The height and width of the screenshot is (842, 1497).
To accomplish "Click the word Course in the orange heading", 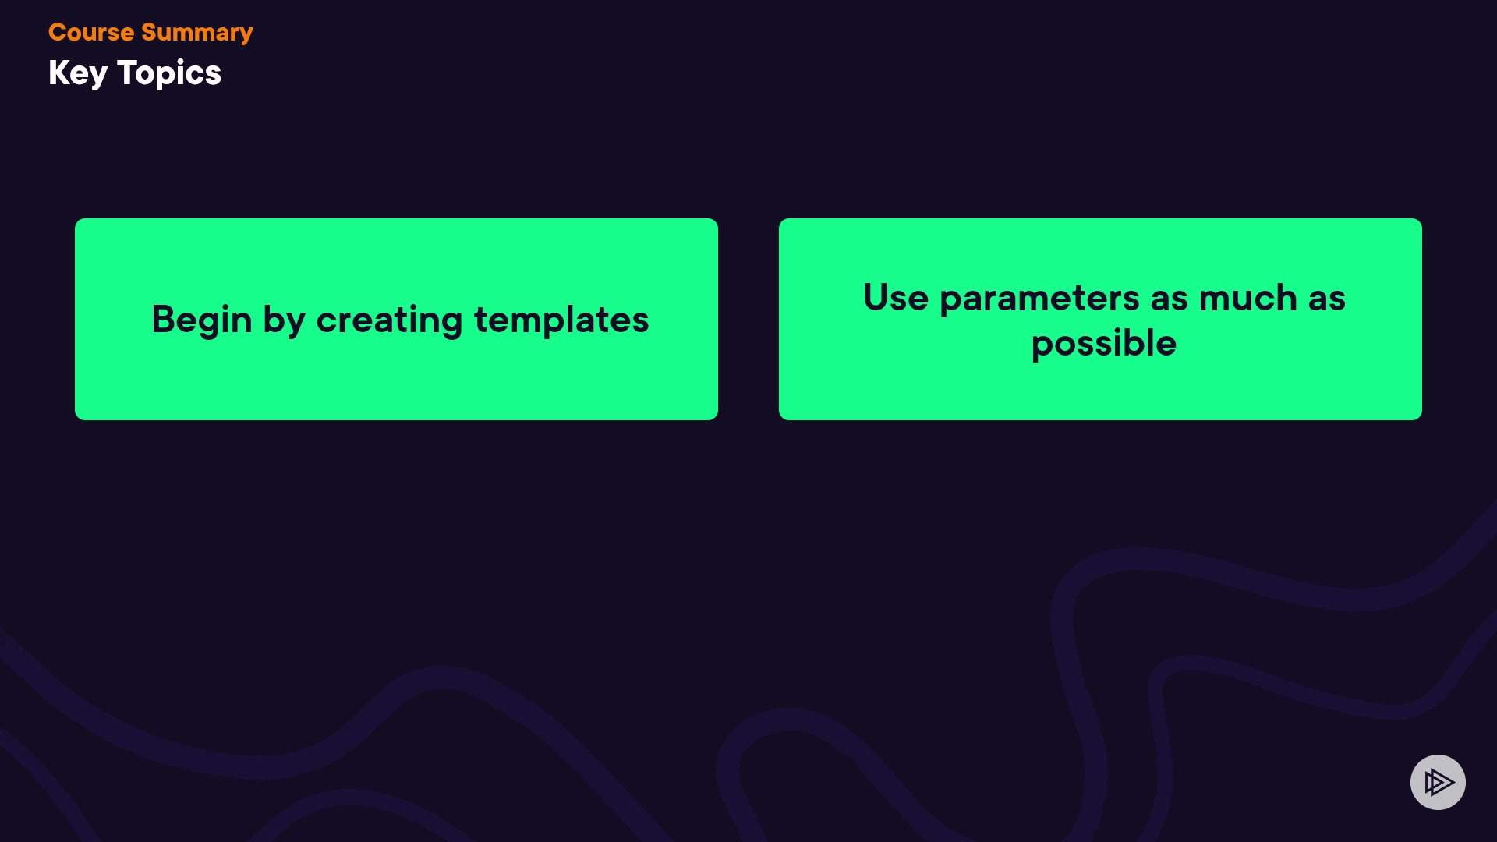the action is click(91, 32).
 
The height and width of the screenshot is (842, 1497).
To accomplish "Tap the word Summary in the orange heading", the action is click(197, 34).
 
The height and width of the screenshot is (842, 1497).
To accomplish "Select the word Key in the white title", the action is click(78, 74).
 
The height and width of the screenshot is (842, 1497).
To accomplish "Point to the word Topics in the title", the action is click(169, 74).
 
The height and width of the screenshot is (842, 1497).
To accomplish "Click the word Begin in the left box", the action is click(202, 320).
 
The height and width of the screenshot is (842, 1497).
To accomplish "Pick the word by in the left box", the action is click(284, 320).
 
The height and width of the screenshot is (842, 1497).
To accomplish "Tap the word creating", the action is click(389, 320).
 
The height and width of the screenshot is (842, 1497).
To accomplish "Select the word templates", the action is click(561, 320).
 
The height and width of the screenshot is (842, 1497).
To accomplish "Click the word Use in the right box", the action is click(896, 298).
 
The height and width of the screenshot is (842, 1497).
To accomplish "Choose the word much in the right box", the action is click(1247, 298).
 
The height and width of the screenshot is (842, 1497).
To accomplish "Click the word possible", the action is click(1104, 344).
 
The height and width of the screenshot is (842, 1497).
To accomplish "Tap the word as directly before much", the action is click(1169, 300).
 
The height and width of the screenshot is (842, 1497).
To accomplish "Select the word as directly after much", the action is click(1326, 300).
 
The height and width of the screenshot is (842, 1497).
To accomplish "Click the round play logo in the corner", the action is click(1438, 782).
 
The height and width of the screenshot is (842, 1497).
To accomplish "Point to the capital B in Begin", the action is click(164, 319).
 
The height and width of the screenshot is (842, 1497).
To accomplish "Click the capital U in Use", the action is click(876, 297).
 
